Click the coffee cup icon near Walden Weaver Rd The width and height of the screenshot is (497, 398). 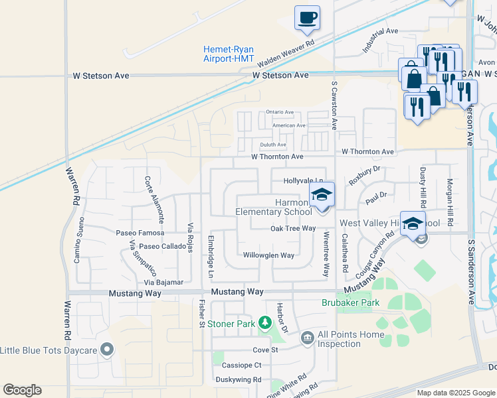(307, 18)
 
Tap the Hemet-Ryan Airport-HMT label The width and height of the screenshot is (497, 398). (229, 53)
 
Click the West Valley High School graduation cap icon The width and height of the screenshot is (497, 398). (413, 224)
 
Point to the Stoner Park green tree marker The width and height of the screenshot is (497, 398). (265, 323)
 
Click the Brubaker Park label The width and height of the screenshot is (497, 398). (350, 302)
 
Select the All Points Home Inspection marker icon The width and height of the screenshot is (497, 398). (307, 338)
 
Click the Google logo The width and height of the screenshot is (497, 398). (22, 390)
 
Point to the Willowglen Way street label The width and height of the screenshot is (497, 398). (268, 255)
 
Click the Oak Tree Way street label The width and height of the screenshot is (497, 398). (293, 228)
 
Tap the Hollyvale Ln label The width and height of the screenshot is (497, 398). (303, 180)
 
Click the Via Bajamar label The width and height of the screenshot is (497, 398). (159, 282)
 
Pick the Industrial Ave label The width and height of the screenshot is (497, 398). (379, 40)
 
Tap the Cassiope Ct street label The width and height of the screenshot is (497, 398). (242, 365)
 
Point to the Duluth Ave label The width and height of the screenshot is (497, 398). (272, 145)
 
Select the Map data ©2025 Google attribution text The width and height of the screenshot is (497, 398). (456, 393)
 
